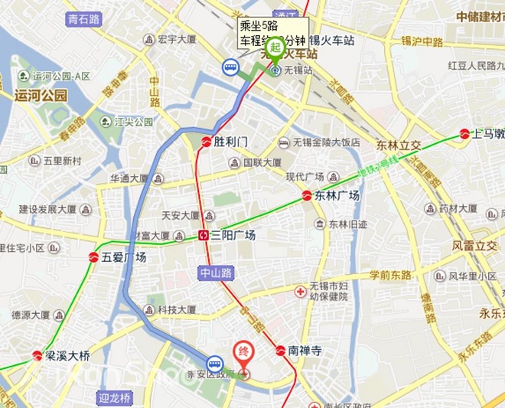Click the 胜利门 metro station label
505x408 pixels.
point(231,142)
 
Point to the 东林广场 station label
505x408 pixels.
point(337,196)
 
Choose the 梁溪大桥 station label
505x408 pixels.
point(67,356)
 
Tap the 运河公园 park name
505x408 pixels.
point(41,96)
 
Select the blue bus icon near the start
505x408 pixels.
point(230,68)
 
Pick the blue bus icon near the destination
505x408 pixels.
point(216,364)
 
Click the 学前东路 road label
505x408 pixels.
point(390,275)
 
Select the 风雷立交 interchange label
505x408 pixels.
point(474,246)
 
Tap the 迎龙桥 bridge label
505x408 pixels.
point(115,397)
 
